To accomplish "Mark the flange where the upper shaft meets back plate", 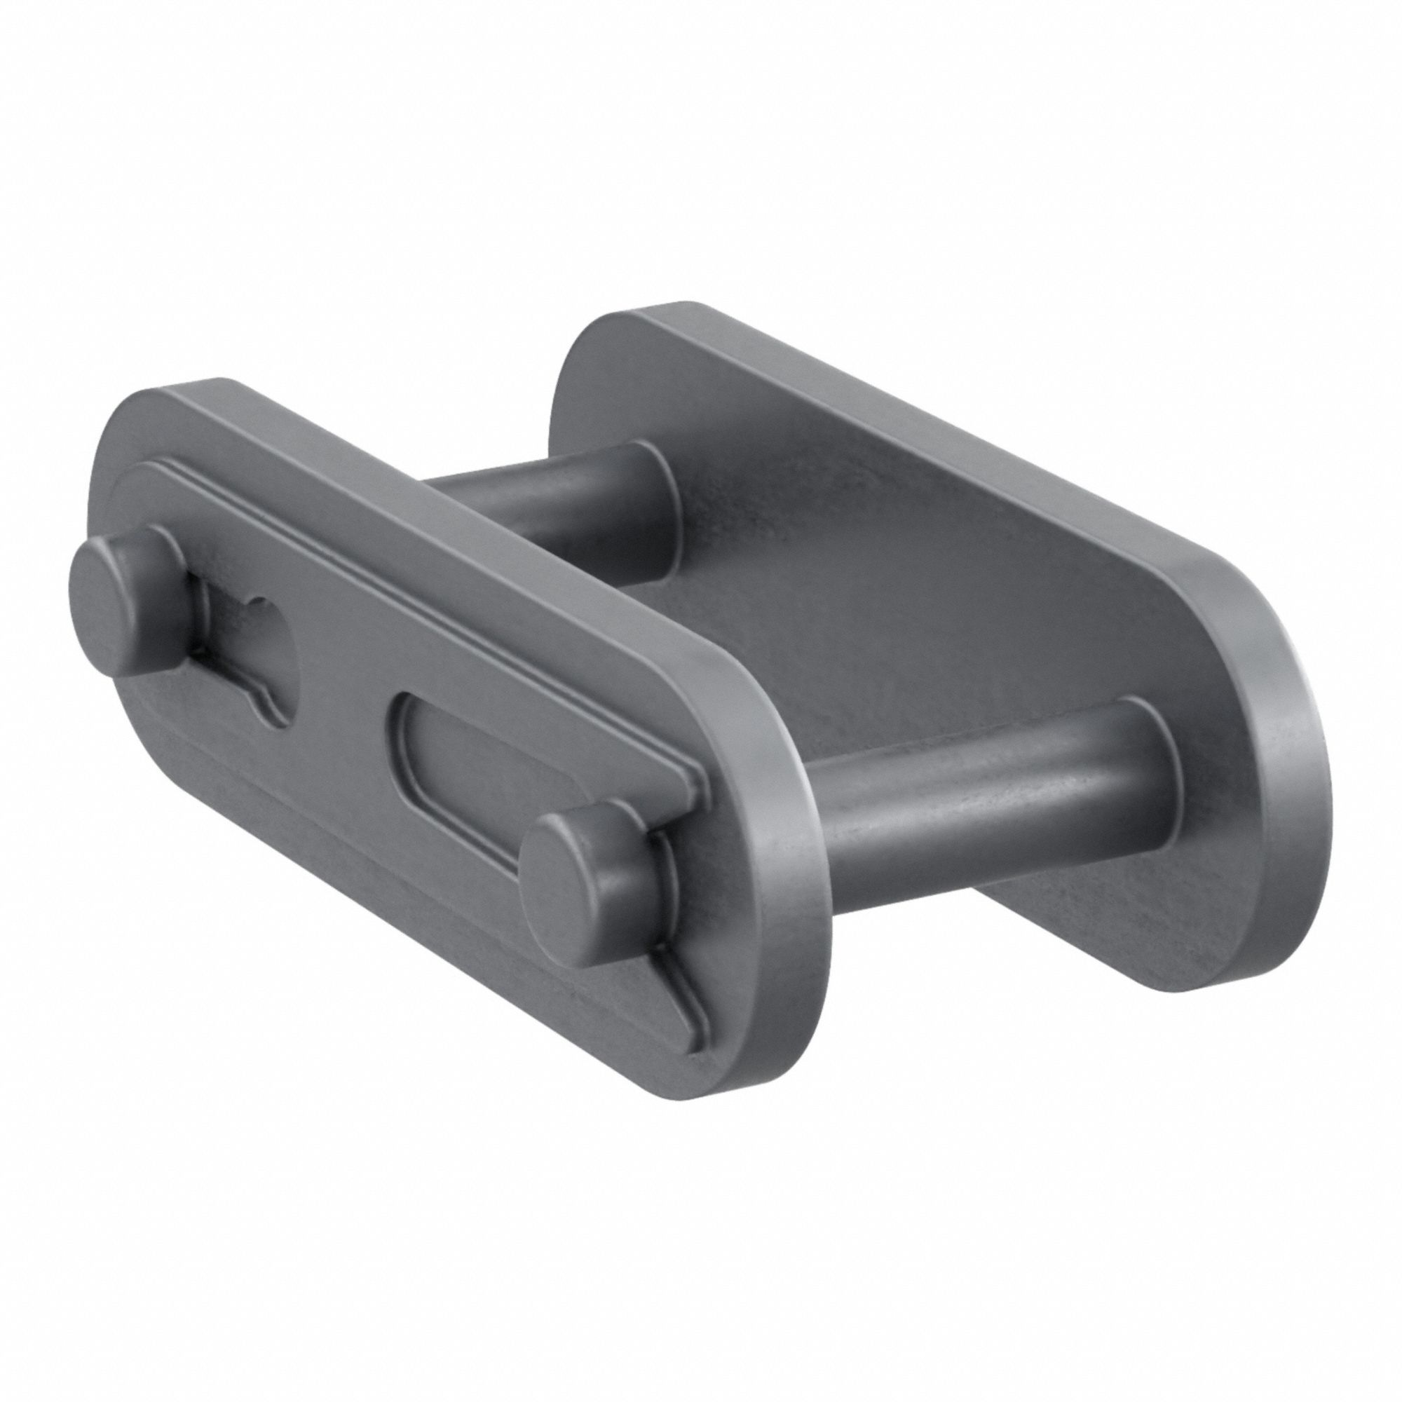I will click(664, 508).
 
